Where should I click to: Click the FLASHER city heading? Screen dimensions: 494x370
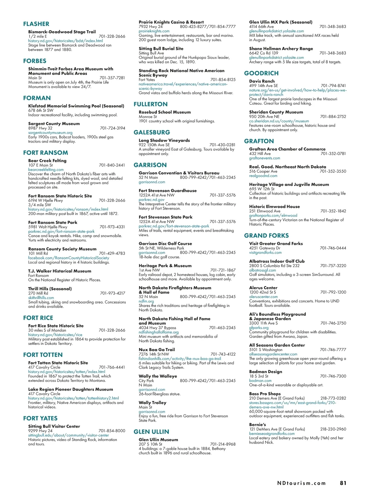tap(36, 24)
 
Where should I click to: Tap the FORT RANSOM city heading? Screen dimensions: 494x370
tap(46, 153)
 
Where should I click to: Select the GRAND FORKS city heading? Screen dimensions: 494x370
tap(266, 236)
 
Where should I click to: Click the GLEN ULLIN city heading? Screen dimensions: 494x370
tap(151, 432)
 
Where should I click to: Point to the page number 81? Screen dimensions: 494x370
tap(343, 483)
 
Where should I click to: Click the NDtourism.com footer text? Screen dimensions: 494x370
tap(301, 483)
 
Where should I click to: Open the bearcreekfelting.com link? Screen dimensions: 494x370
tap(46, 170)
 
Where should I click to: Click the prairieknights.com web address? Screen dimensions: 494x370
tap(154, 31)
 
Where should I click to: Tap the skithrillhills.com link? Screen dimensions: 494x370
tap(41, 298)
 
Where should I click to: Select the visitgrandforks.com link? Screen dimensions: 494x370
tap(265, 253)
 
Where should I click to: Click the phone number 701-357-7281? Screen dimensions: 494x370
tap(112, 78)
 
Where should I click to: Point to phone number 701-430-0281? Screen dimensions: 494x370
tap(222, 145)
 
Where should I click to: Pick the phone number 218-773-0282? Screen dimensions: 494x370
tap(333, 398)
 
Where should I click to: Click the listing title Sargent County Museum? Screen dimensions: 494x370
tap(54, 124)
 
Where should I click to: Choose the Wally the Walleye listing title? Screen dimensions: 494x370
tap(158, 376)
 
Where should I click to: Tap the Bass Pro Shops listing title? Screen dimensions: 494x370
tap(265, 394)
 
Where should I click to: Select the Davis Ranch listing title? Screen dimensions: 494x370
tap(262, 81)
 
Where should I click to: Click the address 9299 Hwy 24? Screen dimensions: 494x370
tap(40, 431)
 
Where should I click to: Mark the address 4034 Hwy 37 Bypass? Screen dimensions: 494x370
tap(158, 328)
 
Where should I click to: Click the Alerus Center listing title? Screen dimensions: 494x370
tap(263, 288)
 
